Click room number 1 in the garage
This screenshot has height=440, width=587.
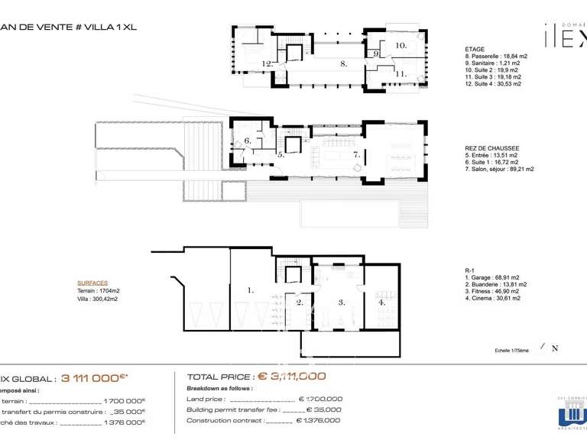tap(250, 290)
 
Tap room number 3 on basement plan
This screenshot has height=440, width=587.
tap(342, 302)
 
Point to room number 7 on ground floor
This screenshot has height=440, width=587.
tap(355, 155)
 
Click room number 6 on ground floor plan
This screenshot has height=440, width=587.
tap(247, 141)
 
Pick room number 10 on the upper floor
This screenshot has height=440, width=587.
tap(401, 46)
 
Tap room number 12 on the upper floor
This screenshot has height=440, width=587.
tap(267, 63)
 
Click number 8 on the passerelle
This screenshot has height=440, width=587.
tap(344, 63)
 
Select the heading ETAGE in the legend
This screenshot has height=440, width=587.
tap(474, 49)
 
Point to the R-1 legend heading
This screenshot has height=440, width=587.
tap(470, 270)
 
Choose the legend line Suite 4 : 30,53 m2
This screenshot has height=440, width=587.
tap(493, 84)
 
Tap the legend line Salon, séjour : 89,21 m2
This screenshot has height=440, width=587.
tap(499, 170)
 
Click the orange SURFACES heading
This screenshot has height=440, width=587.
tap(92, 282)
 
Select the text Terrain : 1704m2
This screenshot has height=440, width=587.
tap(97, 291)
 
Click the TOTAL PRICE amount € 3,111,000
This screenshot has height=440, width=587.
tap(291, 376)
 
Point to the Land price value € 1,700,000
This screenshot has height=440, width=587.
tap(320, 399)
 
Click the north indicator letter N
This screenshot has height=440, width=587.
tap(555, 349)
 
